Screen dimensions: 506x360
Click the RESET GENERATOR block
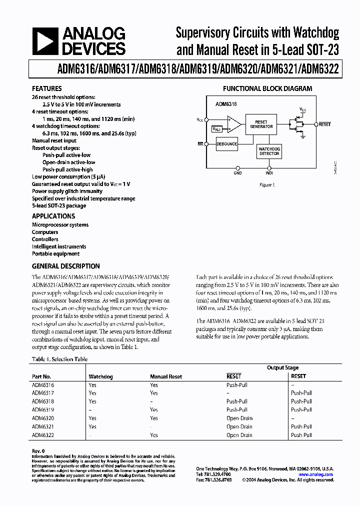click(x=261, y=124)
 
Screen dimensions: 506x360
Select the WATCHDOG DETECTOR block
click(x=269, y=151)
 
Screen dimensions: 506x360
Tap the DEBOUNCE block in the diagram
click(x=226, y=144)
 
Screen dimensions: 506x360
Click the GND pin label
click(x=237, y=173)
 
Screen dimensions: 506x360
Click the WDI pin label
click(x=269, y=173)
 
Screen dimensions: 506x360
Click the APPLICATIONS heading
click(x=53, y=216)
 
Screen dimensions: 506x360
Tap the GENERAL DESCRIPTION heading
click(x=65, y=266)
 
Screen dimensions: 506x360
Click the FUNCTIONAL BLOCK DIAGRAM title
click(x=267, y=88)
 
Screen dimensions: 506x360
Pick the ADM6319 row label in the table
click(x=43, y=409)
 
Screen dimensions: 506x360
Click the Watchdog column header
click(x=100, y=376)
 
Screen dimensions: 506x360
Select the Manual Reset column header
click(x=166, y=376)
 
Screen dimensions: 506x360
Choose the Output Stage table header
click(x=282, y=367)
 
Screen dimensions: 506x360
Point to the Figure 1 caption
click(x=266, y=184)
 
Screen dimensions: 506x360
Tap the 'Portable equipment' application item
click(x=55, y=253)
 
